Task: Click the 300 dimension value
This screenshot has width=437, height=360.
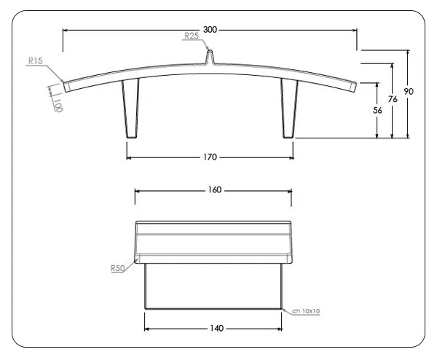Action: (x=210, y=30)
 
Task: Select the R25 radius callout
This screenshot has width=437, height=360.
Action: (x=192, y=35)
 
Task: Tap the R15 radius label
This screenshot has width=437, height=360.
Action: (x=35, y=62)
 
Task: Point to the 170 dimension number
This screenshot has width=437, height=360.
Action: (x=210, y=156)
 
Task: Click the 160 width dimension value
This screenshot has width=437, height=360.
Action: (x=214, y=190)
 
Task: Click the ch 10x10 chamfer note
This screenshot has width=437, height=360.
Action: (x=306, y=311)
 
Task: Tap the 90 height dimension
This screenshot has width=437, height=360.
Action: (x=409, y=92)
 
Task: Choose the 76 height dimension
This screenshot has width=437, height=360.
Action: (x=393, y=99)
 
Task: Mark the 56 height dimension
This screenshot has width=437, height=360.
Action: (x=377, y=110)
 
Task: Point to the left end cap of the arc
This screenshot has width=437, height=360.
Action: (x=66, y=85)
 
